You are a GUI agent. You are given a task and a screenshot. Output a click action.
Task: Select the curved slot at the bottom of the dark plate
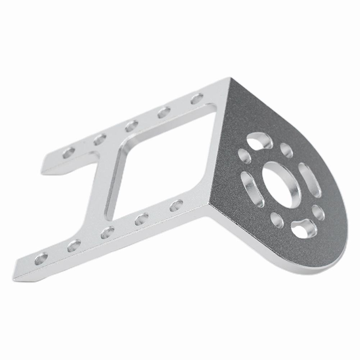pyautogui.click(x=304, y=228)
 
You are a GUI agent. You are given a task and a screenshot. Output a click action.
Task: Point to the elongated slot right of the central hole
pyautogui.click(x=309, y=180)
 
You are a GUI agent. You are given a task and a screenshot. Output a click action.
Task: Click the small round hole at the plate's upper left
pyautogui.click(x=245, y=156)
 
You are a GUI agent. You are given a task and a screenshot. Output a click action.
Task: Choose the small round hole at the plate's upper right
pyautogui.click(x=286, y=150)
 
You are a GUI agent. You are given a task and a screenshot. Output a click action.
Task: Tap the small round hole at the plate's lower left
pyautogui.click(x=276, y=220)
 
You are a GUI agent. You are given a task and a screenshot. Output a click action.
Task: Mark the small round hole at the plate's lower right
pyautogui.click(x=318, y=212)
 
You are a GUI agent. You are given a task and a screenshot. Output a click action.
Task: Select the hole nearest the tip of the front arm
pyautogui.click(x=41, y=258)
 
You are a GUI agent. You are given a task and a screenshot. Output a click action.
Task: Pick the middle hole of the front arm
pyautogui.click(x=108, y=232)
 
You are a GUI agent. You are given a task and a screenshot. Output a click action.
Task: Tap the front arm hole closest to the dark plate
pyautogui.click(x=176, y=205)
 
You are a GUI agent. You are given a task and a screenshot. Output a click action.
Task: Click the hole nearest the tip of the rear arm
pyautogui.click(x=69, y=152)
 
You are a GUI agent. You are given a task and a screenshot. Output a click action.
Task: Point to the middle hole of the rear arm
pyautogui.click(x=131, y=126)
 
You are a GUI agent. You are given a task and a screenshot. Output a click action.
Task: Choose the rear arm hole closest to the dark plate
pyautogui.click(x=197, y=99)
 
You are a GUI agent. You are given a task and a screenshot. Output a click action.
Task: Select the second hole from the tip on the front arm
pyautogui.click(x=74, y=245)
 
